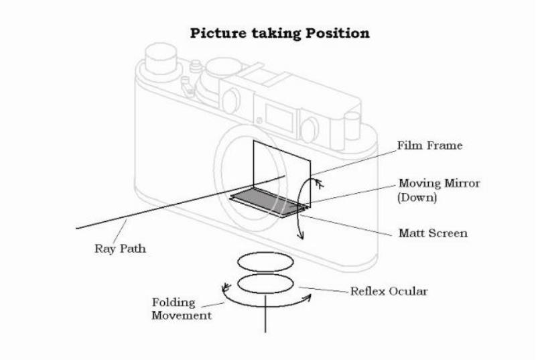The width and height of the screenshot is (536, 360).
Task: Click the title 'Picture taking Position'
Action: click(279, 34)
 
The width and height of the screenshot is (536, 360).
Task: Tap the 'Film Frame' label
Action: click(429, 145)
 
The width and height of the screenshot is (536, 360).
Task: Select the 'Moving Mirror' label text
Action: click(440, 183)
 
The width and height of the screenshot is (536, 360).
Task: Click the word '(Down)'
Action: click(417, 198)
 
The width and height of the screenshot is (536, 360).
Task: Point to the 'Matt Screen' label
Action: click(433, 233)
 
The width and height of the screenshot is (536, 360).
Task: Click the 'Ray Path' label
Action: click(121, 249)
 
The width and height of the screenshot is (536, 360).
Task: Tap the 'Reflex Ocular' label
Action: click(389, 291)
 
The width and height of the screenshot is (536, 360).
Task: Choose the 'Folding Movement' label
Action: click(182, 309)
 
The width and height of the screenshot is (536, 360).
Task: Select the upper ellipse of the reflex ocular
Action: click(265, 263)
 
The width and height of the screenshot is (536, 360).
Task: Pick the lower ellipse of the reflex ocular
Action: click(265, 284)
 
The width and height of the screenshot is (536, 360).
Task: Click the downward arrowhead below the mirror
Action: click(300, 235)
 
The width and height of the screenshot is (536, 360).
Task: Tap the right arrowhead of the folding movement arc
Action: click(307, 298)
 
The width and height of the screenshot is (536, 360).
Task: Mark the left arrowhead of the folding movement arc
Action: click(225, 288)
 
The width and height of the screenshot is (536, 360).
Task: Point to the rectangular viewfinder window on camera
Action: click(279, 118)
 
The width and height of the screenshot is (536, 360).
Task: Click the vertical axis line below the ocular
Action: click(265, 314)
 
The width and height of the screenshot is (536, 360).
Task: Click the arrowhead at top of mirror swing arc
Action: click(320, 184)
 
